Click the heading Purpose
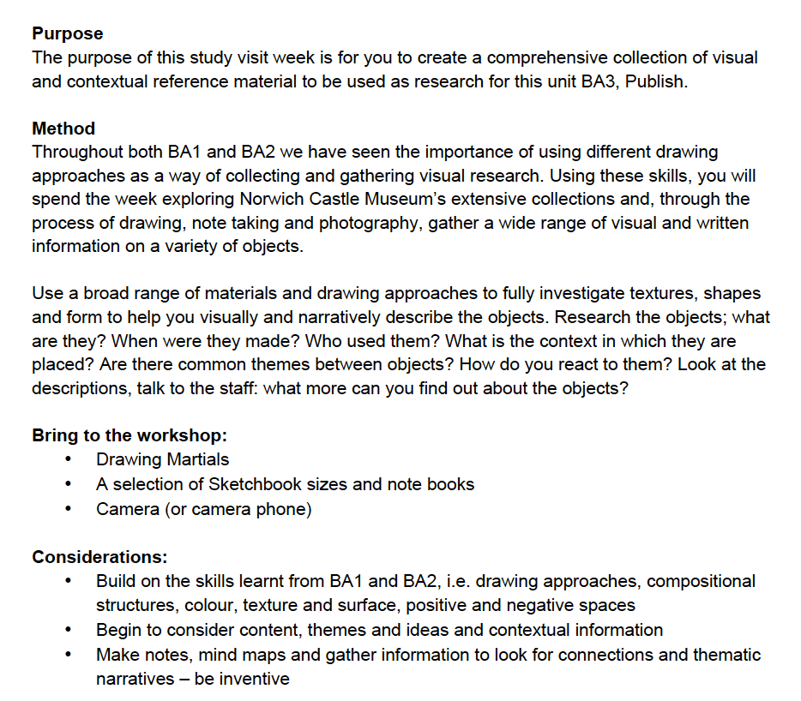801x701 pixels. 67,34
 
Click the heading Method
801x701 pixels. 63,129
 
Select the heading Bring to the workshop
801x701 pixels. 129,434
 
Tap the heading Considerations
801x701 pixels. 99,557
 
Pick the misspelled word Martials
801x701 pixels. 198,459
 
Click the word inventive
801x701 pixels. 254,680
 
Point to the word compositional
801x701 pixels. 701,581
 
